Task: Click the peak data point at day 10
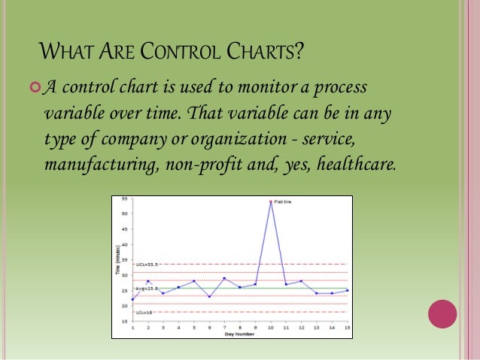pos(271,201)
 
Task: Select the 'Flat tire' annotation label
pos(285,201)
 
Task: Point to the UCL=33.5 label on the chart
pos(146,265)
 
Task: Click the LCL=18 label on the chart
pos(144,312)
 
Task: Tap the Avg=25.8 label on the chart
pos(146,289)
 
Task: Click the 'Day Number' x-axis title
pos(238,334)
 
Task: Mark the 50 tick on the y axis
pos(124,214)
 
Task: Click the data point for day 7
pos(224,278)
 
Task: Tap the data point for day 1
pos(132,299)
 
